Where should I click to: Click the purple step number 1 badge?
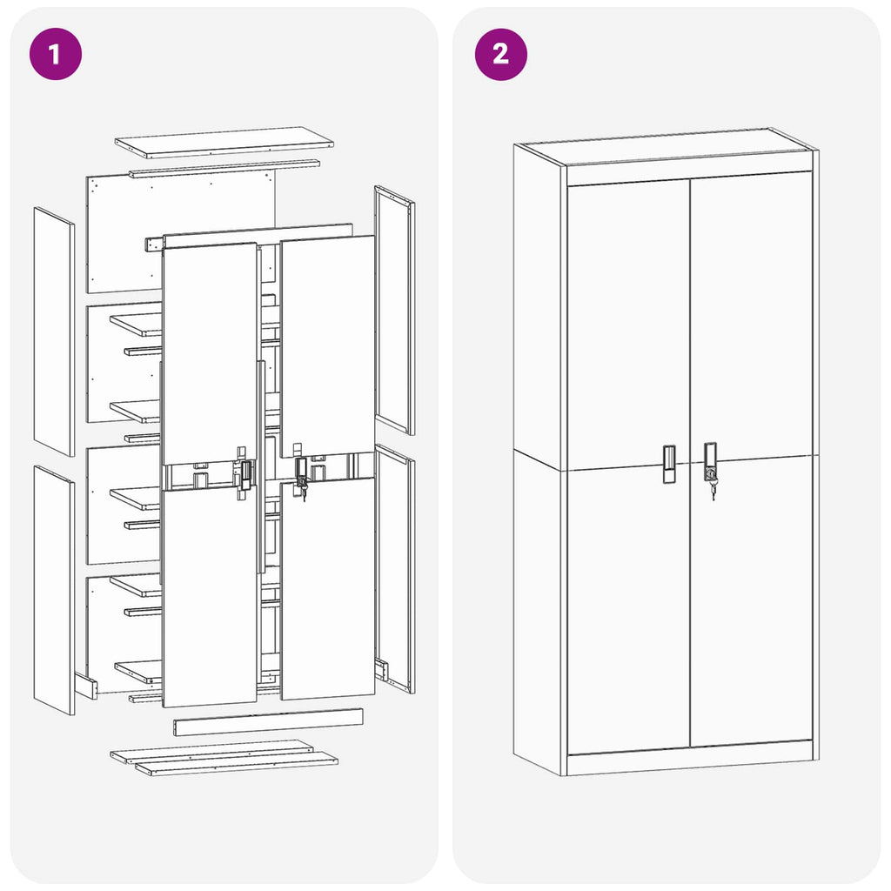55,54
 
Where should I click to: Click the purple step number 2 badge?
500,54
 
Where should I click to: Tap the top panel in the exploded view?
224,142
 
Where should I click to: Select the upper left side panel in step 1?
54,331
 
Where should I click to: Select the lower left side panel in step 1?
54,590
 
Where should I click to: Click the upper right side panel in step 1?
394,310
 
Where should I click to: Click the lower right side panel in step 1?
394,570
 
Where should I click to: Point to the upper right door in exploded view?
327,344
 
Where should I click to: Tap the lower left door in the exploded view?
209,596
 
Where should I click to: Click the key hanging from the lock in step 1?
304,493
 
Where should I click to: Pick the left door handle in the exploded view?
245,474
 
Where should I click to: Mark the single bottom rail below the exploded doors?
267,721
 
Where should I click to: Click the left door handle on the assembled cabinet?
668,464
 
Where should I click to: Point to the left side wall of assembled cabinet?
538,461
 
